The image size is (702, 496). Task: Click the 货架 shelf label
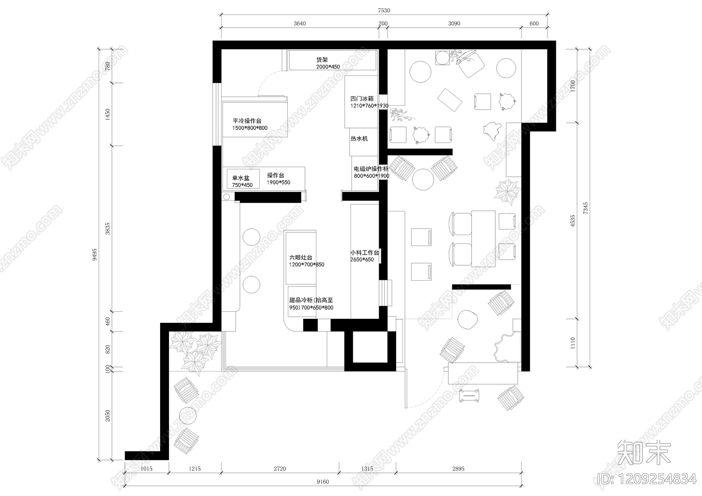click(x=322, y=60)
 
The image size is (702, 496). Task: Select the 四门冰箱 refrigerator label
click(x=362, y=98)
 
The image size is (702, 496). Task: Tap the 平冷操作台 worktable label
click(x=247, y=121)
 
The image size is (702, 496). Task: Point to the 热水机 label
click(x=359, y=139)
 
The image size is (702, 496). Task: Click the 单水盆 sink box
click(x=243, y=178)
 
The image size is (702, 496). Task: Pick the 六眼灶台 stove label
click(x=301, y=257)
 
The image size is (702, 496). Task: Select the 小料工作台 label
click(x=365, y=253)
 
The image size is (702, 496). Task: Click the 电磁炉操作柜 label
click(x=371, y=169)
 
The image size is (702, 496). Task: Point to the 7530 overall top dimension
click(x=384, y=11)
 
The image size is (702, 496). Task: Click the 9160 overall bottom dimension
click(x=323, y=482)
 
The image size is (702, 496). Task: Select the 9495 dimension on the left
click(x=95, y=255)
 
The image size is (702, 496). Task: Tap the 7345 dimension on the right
click(x=586, y=208)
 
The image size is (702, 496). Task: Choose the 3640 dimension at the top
click(x=300, y=24)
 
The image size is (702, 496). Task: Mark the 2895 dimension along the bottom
click(x=458, y=469)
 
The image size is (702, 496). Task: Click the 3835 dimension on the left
click(x=107, y=229)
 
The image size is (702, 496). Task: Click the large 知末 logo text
click(x=645, y=453)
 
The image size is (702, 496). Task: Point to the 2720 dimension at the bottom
click(x=280, y=469)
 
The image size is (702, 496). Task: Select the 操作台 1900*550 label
click(x=279, y=178)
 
